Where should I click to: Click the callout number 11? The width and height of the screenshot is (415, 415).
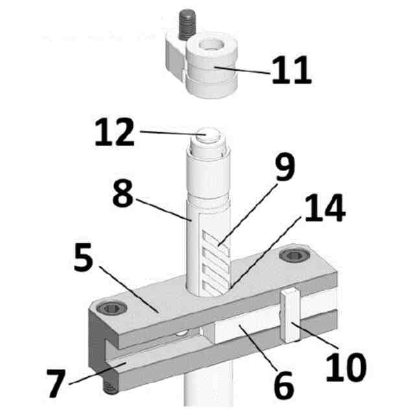291,70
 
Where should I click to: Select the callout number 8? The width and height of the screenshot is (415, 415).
123,194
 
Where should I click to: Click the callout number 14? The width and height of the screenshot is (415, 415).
325,207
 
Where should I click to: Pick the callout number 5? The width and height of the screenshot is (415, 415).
84,257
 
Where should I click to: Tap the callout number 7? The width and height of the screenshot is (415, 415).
56,383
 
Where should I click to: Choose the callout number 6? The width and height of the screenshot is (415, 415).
283,385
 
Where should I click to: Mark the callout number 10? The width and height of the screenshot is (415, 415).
346,368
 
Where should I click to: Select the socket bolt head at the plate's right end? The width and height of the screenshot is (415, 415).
295,255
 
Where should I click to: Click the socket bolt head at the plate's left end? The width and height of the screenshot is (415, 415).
112,308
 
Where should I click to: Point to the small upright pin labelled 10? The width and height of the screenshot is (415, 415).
290,316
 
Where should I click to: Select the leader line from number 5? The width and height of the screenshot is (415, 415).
130,290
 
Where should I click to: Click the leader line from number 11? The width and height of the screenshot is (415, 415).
243,70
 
